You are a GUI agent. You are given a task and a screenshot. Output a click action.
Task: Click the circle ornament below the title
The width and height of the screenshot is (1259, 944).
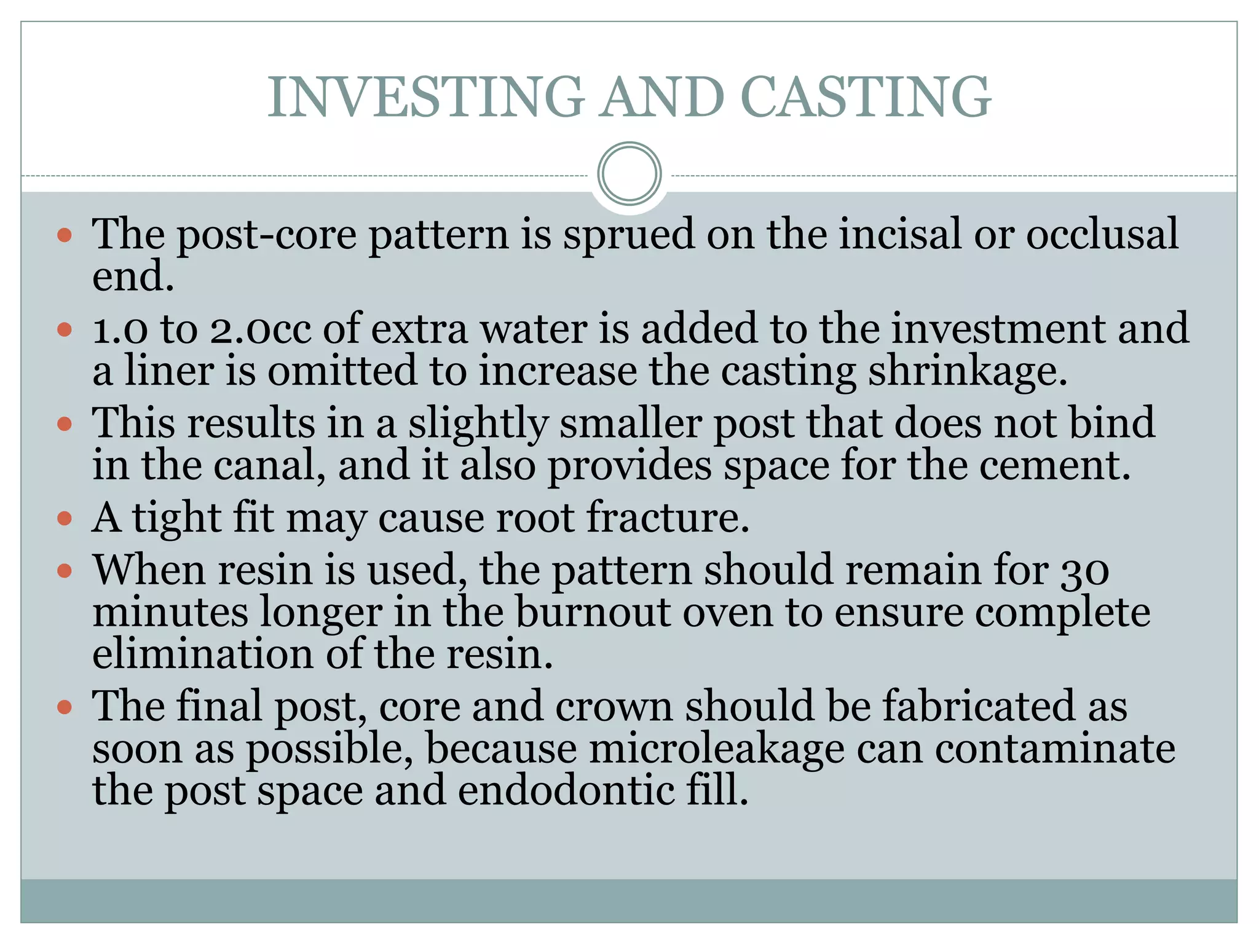pos(629,174)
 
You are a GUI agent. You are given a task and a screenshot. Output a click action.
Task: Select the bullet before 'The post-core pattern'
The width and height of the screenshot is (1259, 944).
pos(65,235)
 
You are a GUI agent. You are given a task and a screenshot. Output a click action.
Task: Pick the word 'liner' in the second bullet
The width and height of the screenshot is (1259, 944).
pos(169,371)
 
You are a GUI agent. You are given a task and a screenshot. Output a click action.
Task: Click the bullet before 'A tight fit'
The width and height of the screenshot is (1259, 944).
pos(65,519)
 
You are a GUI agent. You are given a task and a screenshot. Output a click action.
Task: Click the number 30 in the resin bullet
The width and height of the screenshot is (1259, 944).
pos(1085,571)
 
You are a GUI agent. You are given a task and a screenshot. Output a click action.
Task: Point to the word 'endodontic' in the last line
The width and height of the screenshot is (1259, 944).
pos(566,791)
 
